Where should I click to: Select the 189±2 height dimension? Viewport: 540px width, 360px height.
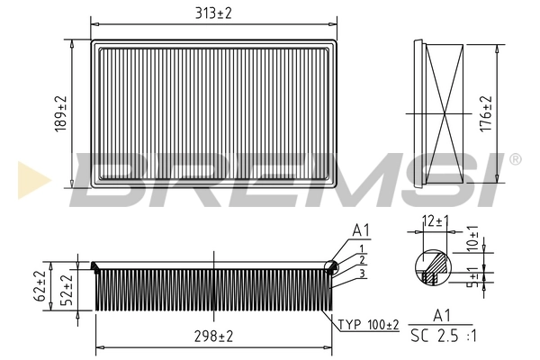click(62, 113)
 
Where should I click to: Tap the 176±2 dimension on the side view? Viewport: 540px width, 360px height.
click(487, 113)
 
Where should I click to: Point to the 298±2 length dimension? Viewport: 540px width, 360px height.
click(213, 336)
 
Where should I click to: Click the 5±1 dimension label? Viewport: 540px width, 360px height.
click(472, 277)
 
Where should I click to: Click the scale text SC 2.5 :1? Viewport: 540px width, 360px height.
click(443, 336)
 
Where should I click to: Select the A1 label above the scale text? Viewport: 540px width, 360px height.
click(443, 316)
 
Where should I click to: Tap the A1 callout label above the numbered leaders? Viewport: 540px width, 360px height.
click(360, 230)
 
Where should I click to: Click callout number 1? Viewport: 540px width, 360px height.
click(361, 247)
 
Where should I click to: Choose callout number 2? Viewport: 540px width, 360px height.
click(361, 259)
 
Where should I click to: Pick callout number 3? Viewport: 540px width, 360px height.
click(361, 273)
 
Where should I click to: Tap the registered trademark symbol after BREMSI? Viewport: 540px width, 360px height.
click(515, 159)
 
